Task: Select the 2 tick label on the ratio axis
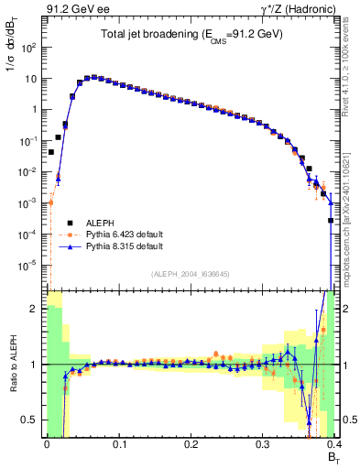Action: (x=35, y=309)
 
